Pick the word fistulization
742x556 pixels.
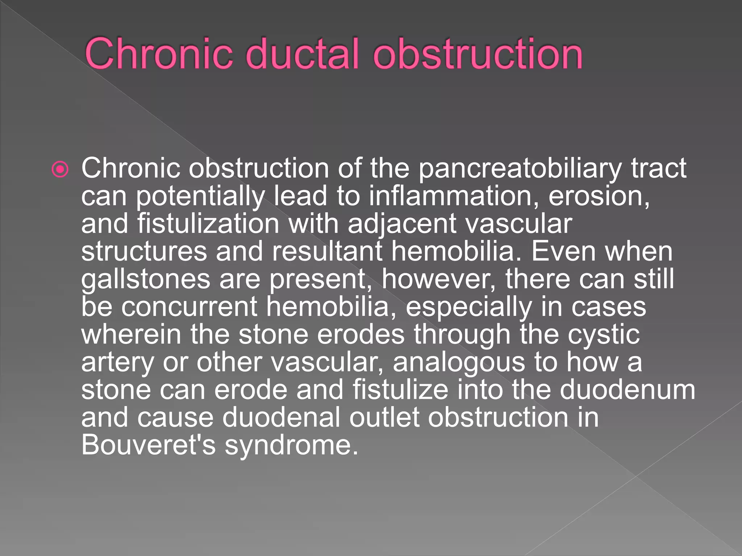pos(208,224)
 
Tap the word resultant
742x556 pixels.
pos(327,251)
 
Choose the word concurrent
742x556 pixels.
pos(189,307)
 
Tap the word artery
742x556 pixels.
pos(117,363)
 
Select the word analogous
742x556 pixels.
pos(459,363)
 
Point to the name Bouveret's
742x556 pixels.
pos(149,445)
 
